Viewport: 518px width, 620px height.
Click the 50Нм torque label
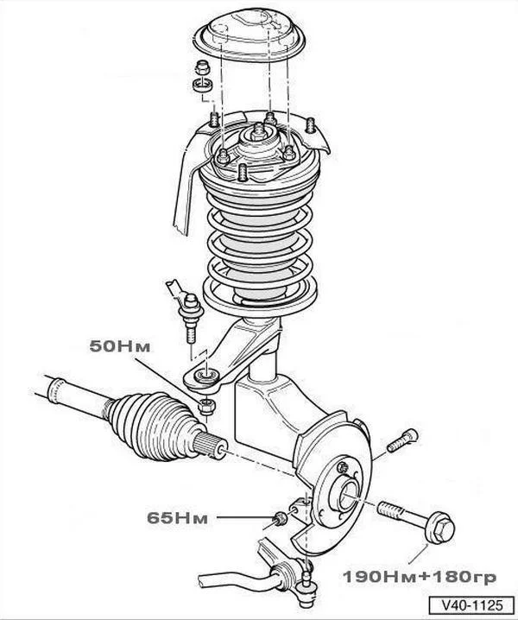[x=120, y=346]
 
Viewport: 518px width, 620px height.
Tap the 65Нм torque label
[x=177, y=517]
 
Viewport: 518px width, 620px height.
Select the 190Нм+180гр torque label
[x=419, y=577]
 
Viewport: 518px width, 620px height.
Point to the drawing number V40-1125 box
[x=471, y=605]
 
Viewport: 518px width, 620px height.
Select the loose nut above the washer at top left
[x=203, y=67]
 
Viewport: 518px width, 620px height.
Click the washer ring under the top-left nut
[x=203, y=85]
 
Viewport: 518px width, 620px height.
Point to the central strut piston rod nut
[x=259, y=131]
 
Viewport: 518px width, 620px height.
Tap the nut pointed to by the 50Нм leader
[x=206, y=406]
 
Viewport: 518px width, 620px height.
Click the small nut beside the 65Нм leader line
[x=280, y=518]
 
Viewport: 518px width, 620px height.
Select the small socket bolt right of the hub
[x=402, y=440]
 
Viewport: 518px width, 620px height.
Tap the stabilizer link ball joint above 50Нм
[x=191, y=307]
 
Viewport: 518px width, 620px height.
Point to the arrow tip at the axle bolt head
[x=428, y=545]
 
